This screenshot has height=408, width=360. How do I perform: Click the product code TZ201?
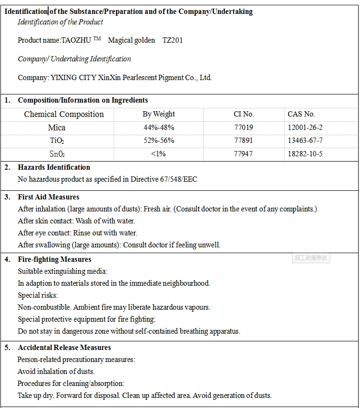click(x=172, y=40)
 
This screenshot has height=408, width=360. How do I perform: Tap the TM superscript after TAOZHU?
click(x=97, y=39)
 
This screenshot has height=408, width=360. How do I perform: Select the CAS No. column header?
click(x=301, y=114)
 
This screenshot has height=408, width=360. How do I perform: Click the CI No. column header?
click(x=244, y=114)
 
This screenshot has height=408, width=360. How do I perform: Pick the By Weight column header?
click(x=158, y=114)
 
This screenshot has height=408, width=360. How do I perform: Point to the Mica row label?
click(x=57, y=128)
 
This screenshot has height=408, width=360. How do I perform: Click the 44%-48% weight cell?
click(x=158, y=128)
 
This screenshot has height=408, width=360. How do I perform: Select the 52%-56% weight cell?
click(x=158, y=140)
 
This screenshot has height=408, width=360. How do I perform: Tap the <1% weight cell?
click(x=158, y=154)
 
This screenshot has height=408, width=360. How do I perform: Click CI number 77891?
click(x=243, y=140)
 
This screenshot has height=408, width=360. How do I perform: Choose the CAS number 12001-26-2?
click(x=305, y=128)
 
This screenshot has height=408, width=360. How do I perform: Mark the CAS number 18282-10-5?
click(x=305, y=154)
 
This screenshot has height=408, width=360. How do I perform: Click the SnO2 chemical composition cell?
click(x=57, y=154)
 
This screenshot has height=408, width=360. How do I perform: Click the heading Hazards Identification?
click(x=54, y=167)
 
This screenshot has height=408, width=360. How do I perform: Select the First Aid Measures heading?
click(x=48, y=197)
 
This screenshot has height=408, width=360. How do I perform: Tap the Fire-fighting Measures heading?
click(x=54, y=259)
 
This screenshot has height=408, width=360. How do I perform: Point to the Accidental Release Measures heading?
click(x=64, y=348)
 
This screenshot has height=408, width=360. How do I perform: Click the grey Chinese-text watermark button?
click(x=311, y=258)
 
